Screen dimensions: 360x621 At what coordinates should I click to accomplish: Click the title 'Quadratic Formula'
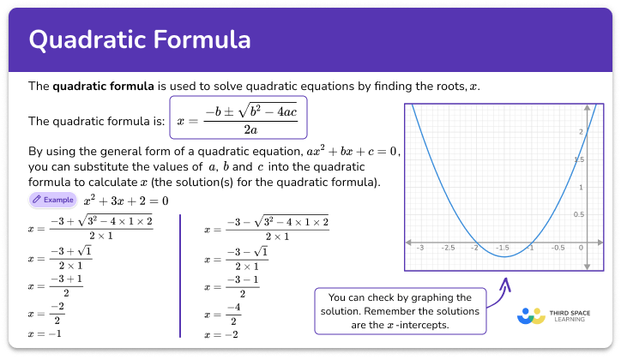click(140, 39)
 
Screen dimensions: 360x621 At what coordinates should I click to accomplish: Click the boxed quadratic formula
click(238, 120)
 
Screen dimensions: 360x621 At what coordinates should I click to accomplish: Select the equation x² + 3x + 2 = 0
click(126, 201)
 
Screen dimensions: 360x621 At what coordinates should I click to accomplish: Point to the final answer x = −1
click(45, 333)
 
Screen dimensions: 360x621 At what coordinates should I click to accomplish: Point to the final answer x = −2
click(220, 333)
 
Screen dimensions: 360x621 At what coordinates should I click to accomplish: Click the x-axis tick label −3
click(419, 248)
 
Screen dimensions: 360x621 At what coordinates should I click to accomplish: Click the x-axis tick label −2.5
click(447, 248)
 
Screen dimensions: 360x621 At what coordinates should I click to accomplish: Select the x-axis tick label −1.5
click(503, 248)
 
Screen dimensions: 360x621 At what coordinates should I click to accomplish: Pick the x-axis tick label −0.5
click(558, 248)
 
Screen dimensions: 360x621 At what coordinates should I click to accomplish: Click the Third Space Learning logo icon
click(532, 315)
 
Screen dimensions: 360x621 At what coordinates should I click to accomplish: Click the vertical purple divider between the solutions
click(180, 274)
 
